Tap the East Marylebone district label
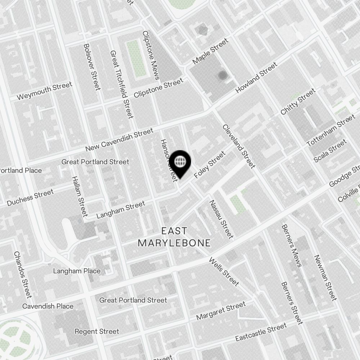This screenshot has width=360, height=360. pos(174,237)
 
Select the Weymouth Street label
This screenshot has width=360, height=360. pos(44,91)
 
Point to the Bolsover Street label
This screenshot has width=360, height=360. pos(91,67)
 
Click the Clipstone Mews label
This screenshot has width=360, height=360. pos(150,55)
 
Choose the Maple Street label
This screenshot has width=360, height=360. pos(210,52)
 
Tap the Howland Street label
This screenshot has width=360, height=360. pos(256,78)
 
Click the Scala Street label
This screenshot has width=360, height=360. pos(330,150)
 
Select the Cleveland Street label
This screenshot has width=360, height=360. pos(239,146)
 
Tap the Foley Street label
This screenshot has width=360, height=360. pos(210,165)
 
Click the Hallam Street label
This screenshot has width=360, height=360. pos(79,197)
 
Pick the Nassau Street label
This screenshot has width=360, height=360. pos(221,219)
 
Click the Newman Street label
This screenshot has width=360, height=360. pos(325,278)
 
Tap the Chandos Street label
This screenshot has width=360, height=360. pos(23,275)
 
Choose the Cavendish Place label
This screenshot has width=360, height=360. pos(48,306)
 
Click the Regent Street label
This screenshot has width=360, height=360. pos(96,331)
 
